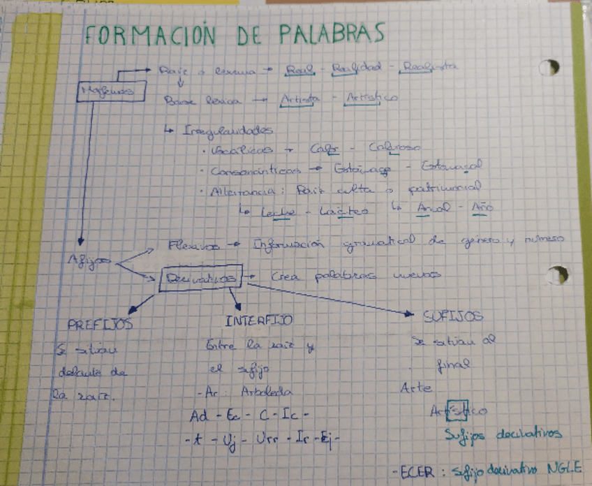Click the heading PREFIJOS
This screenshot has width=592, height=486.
101,325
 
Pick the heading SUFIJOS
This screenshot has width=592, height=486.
453,316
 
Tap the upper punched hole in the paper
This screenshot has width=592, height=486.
549,68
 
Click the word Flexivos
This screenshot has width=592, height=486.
195,246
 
